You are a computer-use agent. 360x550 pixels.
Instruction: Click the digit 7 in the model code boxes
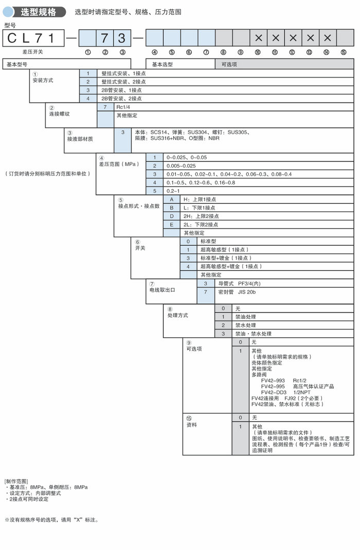pyautogui.click(x=105, y=38)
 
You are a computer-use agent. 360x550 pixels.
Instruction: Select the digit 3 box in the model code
pyautogui.click(x=122, y=38)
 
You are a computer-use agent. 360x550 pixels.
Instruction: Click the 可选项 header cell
pyautogui.click(x=229, y=64)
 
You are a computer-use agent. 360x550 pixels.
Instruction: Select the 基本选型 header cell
pyautogui.click(x=163, y=64)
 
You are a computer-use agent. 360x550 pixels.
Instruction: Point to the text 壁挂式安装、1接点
pyautogui.click(x=123, y=74)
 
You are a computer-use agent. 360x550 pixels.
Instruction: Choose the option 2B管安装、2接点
pyautogui.click(x=121, y=98)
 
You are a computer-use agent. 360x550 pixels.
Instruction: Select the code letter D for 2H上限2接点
pyautogui.click(x=172, y=216)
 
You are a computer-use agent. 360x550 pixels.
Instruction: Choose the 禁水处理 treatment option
pyautogui.click(x=246, y=325)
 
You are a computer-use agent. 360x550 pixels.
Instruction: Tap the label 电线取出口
pyautogui.click(x=162, y=290)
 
